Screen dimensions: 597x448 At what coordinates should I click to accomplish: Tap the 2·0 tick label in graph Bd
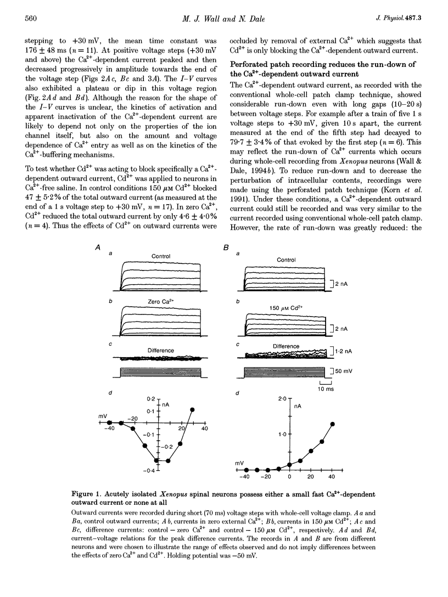click(282, 399)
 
